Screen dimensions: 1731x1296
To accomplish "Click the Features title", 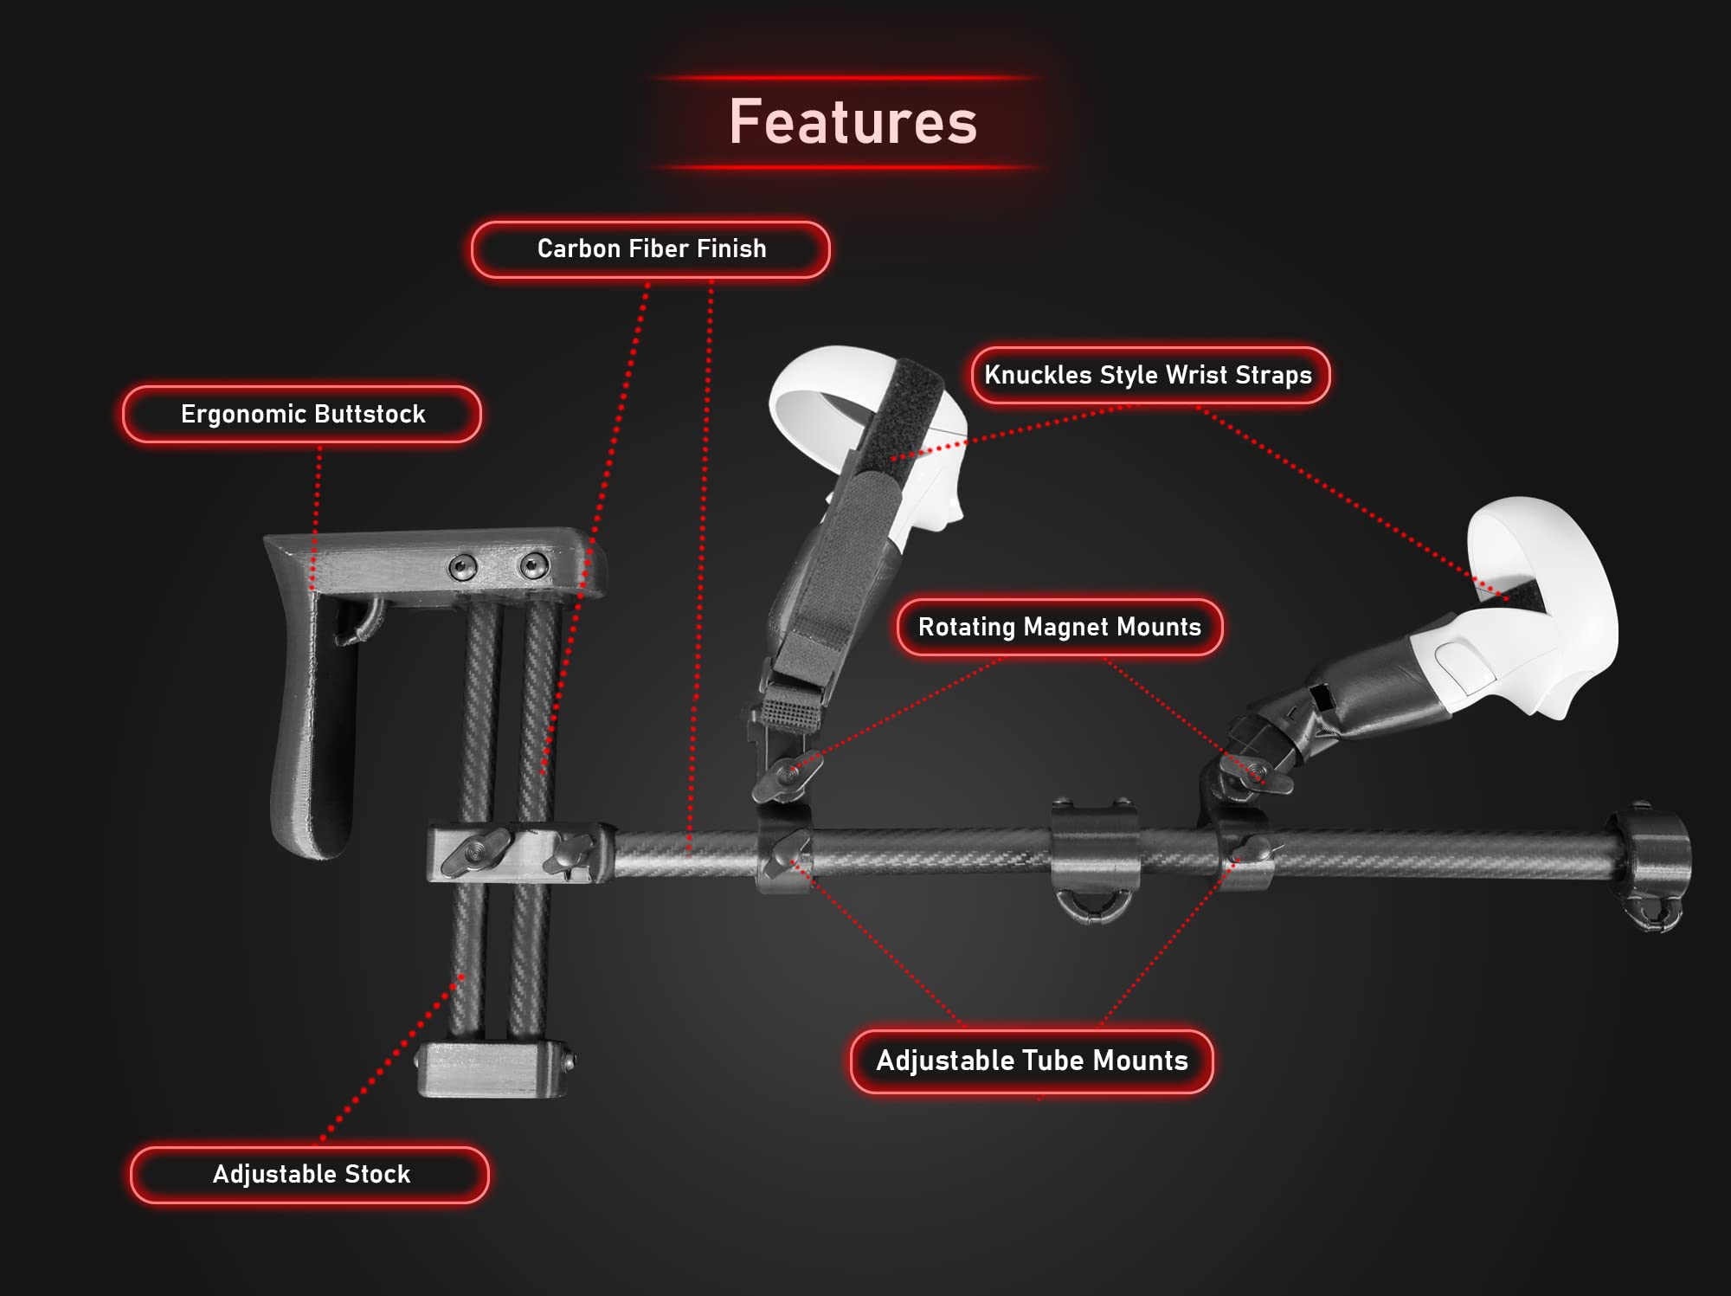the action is click(853, 121).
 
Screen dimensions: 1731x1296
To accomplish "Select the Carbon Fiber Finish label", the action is click(651, 249).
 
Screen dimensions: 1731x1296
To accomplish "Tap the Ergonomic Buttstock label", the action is click(302, 414).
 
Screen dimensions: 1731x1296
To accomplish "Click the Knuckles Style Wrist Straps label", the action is click(1149, 375).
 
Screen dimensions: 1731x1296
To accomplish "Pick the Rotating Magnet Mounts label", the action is click(1059, 627).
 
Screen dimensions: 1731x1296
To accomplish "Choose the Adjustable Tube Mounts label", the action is click(1032, 1061).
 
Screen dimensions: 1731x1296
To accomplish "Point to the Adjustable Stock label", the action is click(310, 1174).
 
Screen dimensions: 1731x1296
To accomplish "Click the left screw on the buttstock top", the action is click(463, 568).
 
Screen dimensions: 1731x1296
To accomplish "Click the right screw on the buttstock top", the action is click(533, 566).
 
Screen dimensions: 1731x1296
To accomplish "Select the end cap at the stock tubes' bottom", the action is click(493, 1069).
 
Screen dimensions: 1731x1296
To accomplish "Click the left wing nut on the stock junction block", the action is click(474, 850).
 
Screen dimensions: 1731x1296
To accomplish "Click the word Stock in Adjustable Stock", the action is click(377, 1174).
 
